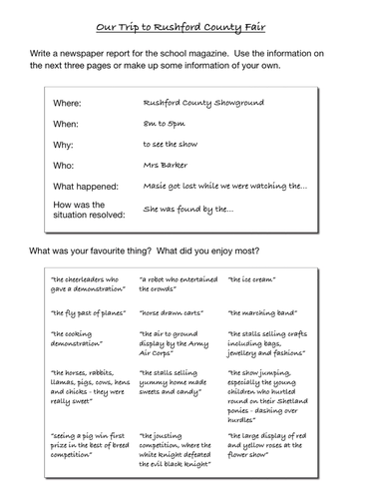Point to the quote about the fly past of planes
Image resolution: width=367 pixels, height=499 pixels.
tap(84, 311)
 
